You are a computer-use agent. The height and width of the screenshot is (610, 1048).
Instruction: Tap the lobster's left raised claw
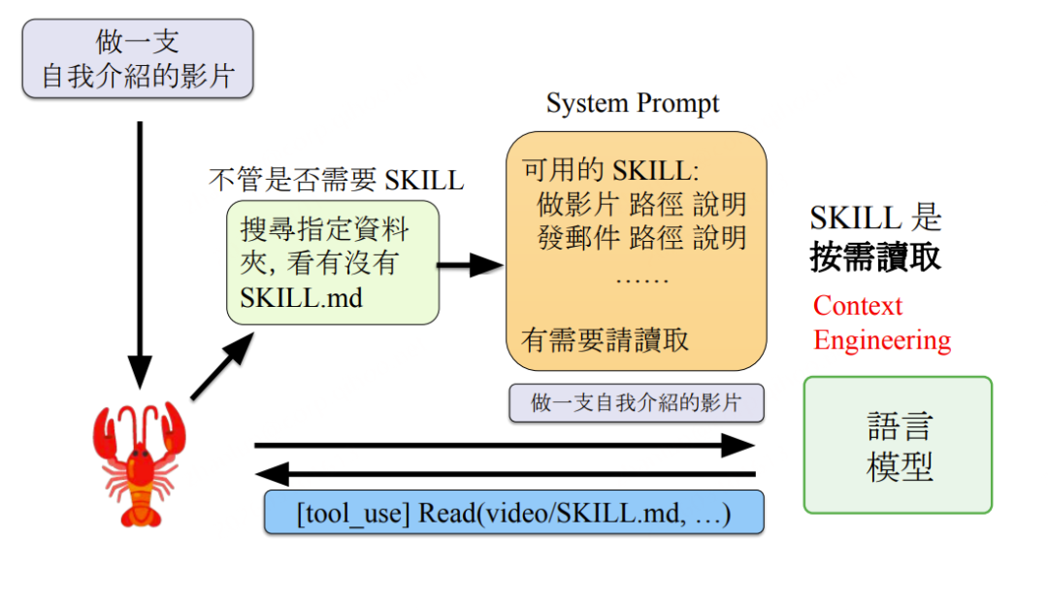(109, 427)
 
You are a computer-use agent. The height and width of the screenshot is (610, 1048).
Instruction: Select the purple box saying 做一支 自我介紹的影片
(137, 58)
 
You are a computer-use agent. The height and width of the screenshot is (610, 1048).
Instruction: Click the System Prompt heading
(633, 103)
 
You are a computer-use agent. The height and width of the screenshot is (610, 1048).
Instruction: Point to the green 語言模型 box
(898, 445)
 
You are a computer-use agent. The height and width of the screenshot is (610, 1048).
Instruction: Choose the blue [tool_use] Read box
(513, 512)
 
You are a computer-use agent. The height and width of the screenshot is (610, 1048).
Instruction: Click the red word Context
(858, 306)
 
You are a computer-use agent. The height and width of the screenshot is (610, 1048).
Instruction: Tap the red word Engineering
(882, 341)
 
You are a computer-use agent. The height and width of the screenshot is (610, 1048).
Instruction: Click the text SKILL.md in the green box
(301, 296)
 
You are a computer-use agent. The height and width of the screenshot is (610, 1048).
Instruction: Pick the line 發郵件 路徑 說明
(641, 238)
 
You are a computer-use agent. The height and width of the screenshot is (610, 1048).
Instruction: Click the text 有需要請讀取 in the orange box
(606, 340)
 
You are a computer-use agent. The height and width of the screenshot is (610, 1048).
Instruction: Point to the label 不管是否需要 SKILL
(336, 180)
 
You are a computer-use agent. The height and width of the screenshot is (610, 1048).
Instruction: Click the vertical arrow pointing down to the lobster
(140, 253)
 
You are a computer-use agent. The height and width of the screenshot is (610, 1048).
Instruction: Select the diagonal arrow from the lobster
(222, 365)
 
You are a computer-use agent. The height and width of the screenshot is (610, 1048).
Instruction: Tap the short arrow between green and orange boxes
(472, 263)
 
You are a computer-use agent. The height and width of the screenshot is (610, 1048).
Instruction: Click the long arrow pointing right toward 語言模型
(505, 446)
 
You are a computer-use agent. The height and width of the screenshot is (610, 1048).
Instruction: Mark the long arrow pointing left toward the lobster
(505, 474)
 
